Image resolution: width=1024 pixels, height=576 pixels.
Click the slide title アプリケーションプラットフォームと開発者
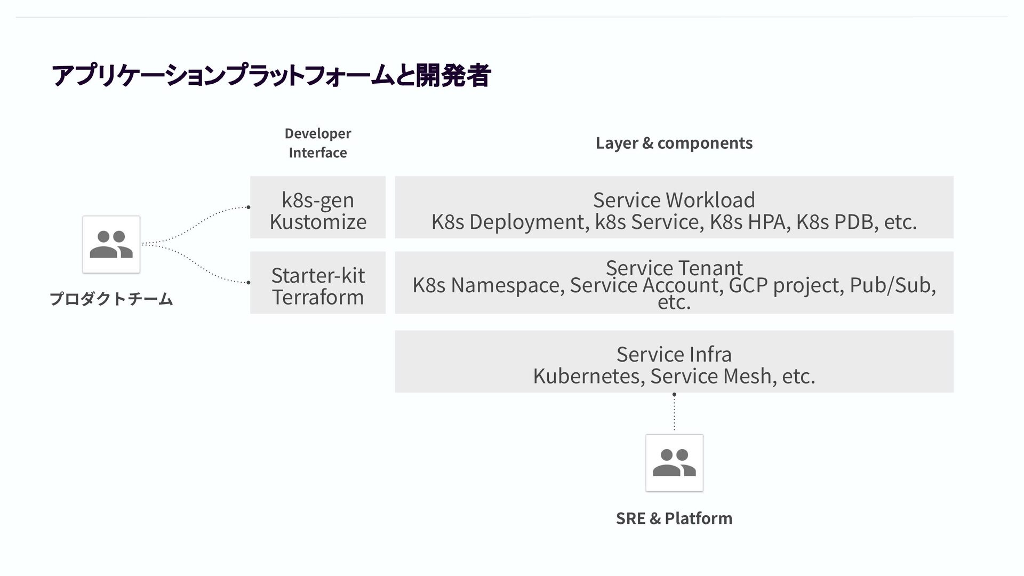tap(270, 75)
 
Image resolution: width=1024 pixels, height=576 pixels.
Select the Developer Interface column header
tap(318, 143)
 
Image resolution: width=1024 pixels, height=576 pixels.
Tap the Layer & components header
tap(674, 143)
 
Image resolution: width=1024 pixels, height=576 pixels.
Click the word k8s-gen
tap(318, 200)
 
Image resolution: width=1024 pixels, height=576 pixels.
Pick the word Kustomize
tap(318, 222)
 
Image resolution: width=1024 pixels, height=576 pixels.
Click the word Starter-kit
tap(318, 275)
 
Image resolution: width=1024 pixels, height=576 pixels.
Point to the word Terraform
tap(318, 297)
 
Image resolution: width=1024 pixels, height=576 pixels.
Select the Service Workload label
tap(674, 200)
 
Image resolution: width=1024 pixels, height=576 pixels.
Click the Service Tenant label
tap(674, 267)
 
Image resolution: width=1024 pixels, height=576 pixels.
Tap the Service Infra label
tap(674, 354)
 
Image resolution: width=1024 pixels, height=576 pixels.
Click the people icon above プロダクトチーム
tap(111, 244)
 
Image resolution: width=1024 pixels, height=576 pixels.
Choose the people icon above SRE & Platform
tap(674, 462)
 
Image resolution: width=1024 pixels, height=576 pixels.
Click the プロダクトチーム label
tap(111, 299)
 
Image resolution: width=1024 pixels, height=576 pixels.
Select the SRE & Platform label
tap(674, 518)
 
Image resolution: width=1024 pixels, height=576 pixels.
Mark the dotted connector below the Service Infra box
tap(674, 413)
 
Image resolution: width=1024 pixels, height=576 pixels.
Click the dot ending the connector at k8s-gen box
tap(248, 207)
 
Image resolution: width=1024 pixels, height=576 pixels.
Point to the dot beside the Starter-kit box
tap(248, 282)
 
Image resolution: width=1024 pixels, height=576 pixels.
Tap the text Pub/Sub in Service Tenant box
tap(892, 285)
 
